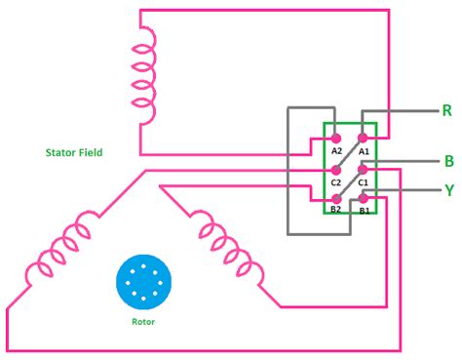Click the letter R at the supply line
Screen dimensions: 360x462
pos(447,109)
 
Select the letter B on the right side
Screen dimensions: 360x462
pos(447,160)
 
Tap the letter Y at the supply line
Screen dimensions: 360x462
pos(448,191)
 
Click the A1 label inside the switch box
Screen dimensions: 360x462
pos(364,151)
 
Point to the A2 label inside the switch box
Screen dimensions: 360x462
pos(336,151)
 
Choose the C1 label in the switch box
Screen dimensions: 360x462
pos(364,181)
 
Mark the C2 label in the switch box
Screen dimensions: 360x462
pos(336,181)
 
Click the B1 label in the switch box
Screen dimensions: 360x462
pos(364,210)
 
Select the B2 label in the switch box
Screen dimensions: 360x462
pos(336,210)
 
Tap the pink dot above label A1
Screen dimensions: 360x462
pos(364,139)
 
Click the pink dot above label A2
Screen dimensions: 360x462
pos(336,139)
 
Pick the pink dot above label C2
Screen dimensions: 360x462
pos(336,169)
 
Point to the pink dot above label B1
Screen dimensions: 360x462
pos(364,198)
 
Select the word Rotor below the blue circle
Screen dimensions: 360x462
pos(141,321)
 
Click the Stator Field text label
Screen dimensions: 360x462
pos(74,152)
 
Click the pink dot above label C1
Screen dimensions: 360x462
pos(364,169)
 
